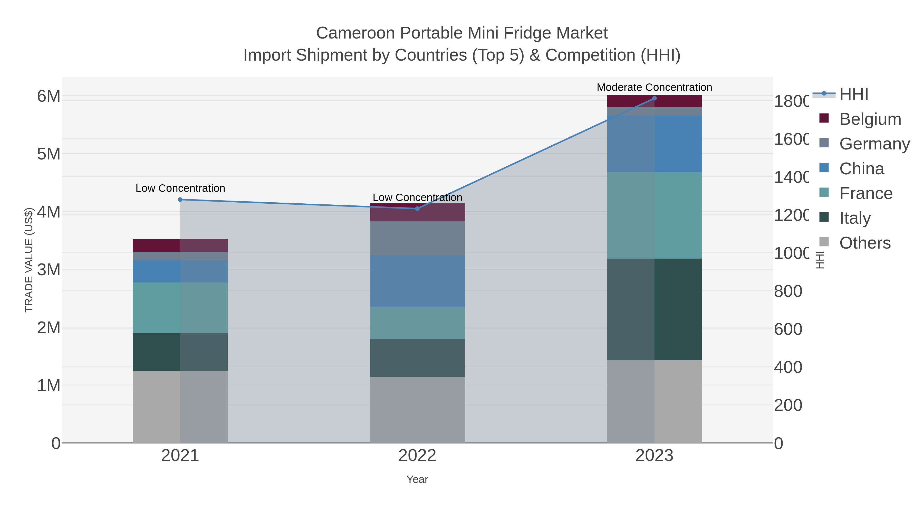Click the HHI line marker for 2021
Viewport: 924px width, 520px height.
180,200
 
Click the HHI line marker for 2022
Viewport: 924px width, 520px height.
417,209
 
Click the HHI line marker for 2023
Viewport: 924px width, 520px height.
654,98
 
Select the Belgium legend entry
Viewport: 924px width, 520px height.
870,119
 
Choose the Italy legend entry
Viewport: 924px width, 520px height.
855,218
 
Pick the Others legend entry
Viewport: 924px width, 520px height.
864,243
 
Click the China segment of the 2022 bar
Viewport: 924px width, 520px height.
417,281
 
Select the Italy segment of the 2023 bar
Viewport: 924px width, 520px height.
654,309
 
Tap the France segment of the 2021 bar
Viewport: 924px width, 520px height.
180,308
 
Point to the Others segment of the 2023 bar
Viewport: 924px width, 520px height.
654,401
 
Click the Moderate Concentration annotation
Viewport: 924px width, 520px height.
654,87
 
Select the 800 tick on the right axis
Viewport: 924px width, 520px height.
788,291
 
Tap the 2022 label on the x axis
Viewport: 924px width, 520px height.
417,455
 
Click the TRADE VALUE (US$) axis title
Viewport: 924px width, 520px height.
29,260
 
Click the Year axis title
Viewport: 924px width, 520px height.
417,479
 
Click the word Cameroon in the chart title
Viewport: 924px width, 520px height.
355,33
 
